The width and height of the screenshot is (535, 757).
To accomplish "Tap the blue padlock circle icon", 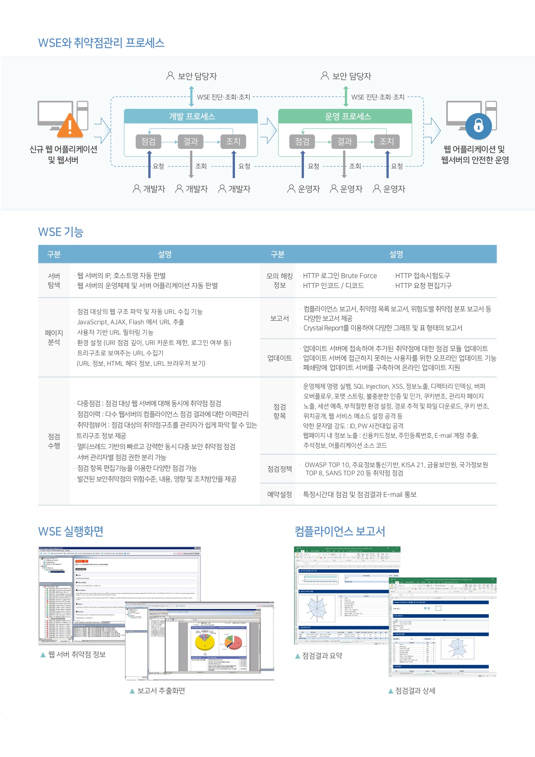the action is [479, 126].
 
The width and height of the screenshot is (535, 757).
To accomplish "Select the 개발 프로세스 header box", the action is [191, 117].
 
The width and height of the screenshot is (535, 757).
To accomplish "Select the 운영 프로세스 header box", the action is [345, 117].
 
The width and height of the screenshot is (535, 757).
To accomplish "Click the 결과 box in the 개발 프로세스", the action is [191, 141].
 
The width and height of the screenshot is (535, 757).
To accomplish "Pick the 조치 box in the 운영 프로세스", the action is [387, 141].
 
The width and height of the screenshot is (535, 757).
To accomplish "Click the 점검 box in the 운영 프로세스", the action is [302, 141].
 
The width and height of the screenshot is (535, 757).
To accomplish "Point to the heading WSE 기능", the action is [61, 232].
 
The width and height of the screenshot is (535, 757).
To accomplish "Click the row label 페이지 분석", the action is [54, 337].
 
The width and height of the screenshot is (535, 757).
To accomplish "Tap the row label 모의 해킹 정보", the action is [279, 281].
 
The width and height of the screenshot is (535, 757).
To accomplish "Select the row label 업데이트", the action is [279, 358].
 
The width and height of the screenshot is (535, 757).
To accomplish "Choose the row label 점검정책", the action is [279, 469].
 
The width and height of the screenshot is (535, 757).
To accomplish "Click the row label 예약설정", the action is [279, 495].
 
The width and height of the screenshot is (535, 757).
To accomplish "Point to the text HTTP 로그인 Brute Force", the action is [340, 276].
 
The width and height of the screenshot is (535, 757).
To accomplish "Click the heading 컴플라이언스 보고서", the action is [340, 531].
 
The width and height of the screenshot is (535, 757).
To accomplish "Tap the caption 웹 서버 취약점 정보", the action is [77, 655].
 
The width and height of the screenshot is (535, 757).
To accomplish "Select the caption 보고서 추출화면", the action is [161, 691].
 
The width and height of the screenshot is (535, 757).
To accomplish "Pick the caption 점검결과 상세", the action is [415, 691].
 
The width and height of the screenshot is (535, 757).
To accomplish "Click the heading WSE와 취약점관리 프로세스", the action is [101, 43].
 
